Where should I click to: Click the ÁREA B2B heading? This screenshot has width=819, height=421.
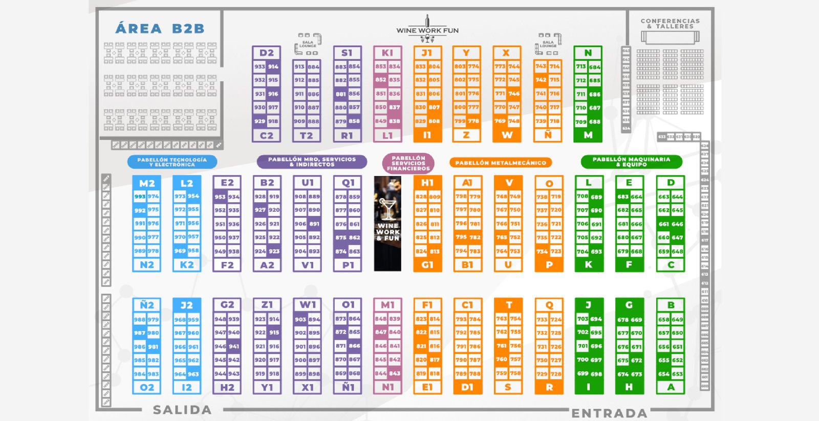pos(160,29)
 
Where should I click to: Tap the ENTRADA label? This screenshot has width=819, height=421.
pos(609,413)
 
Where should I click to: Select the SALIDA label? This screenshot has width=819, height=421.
pos(182,410)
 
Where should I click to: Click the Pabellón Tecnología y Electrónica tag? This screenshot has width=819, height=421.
pos(172,162)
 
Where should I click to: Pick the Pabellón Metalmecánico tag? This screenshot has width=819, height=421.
pos(501,163)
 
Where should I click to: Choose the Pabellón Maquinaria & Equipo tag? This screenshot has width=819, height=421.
pos(631,162)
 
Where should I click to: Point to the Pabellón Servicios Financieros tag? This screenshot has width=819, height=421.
pos(408,163)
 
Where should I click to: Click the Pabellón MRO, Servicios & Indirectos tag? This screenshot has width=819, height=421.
pos(312,162)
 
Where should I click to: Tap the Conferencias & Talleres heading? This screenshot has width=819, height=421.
pos(670,24)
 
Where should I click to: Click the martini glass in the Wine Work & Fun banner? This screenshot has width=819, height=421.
pos(387,207)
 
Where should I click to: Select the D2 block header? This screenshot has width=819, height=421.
pos(266,53)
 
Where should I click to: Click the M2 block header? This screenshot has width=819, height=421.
pos(146,183)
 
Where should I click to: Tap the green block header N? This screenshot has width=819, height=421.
pos(588,53)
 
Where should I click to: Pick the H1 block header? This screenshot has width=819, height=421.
pos(427,183)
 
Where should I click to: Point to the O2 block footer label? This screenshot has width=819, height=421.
pos(146,388)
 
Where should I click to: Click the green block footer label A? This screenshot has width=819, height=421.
pos(671,387)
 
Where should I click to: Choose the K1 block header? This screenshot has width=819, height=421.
pos(387,53)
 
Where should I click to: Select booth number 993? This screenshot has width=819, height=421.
pos(140,196)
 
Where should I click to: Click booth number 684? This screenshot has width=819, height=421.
pos(594,67)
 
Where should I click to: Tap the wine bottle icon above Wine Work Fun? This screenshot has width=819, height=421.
pos(427,21)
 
